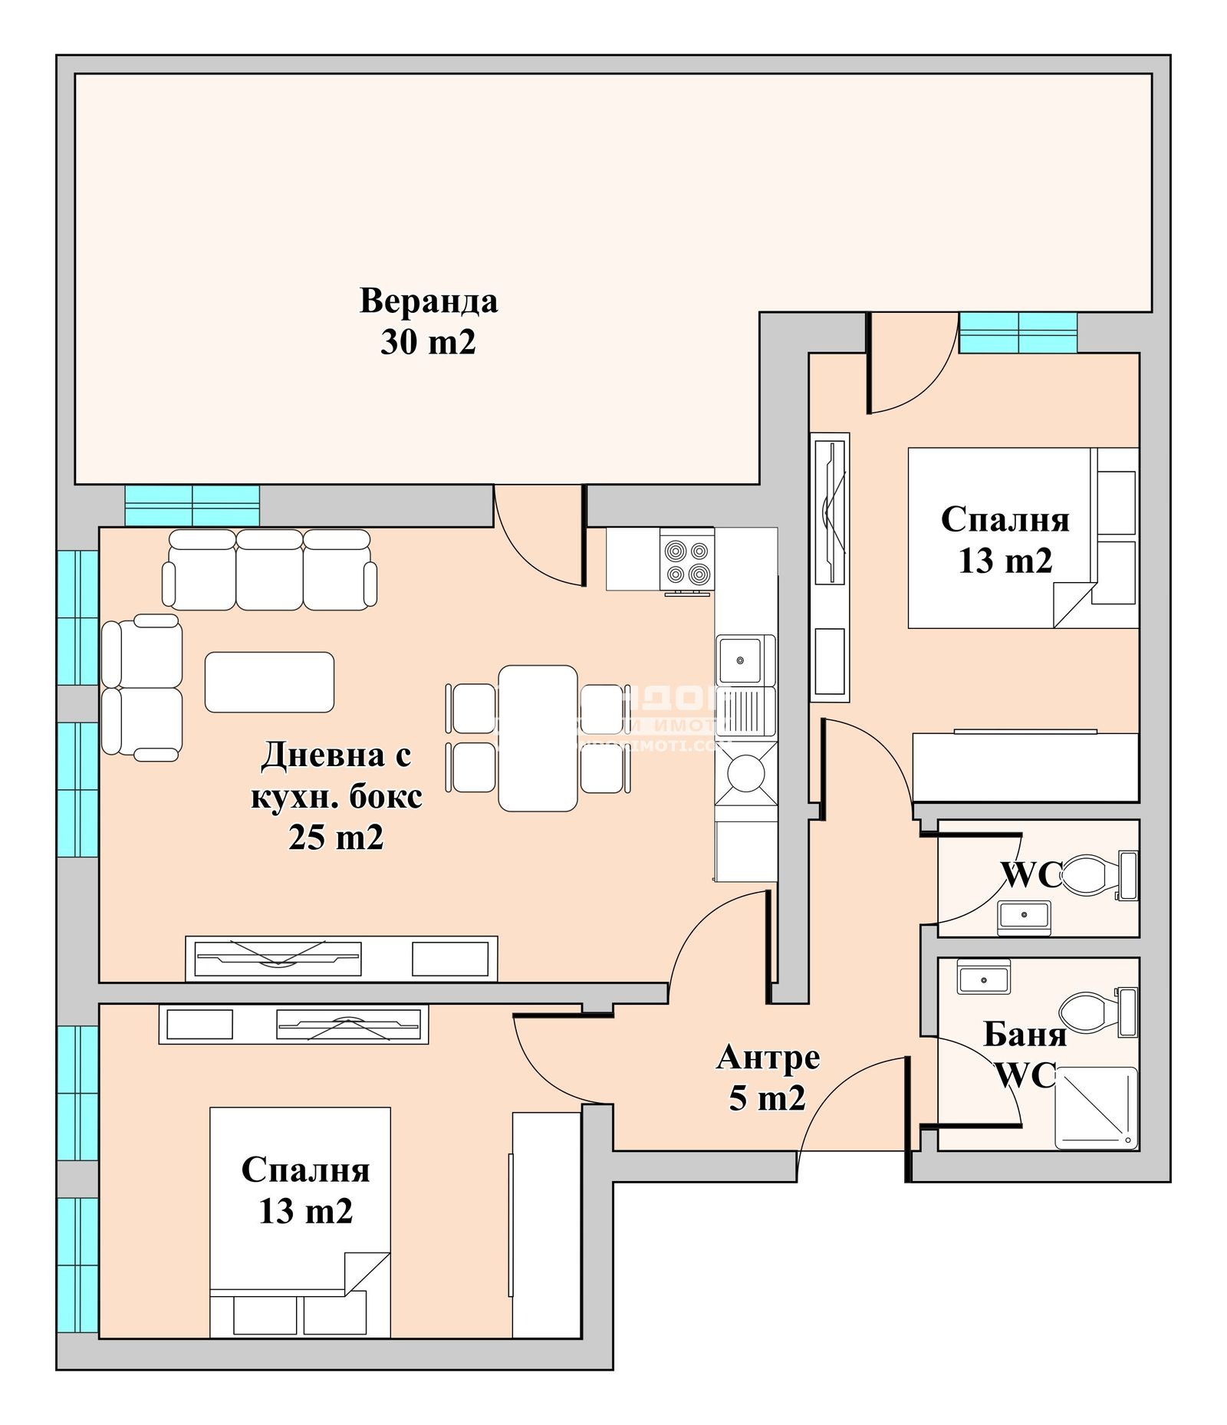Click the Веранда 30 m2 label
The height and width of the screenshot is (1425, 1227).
[428, 321]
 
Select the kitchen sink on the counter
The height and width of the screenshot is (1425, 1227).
[740, 660]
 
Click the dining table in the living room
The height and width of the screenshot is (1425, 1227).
[538, 737]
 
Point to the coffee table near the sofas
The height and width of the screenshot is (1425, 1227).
[269, 682]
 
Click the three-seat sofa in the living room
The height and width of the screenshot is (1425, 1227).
[269, 570]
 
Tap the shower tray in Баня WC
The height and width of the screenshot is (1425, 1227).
[1096, 1107]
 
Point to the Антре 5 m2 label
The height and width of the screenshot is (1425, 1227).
[768, 1078]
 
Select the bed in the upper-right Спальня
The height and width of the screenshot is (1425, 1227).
[1021, 538]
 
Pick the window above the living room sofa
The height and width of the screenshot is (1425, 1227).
[192, 505]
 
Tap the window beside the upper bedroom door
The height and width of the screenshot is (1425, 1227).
[1018, 332]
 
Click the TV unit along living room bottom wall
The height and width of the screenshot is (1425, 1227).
[341, 958]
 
